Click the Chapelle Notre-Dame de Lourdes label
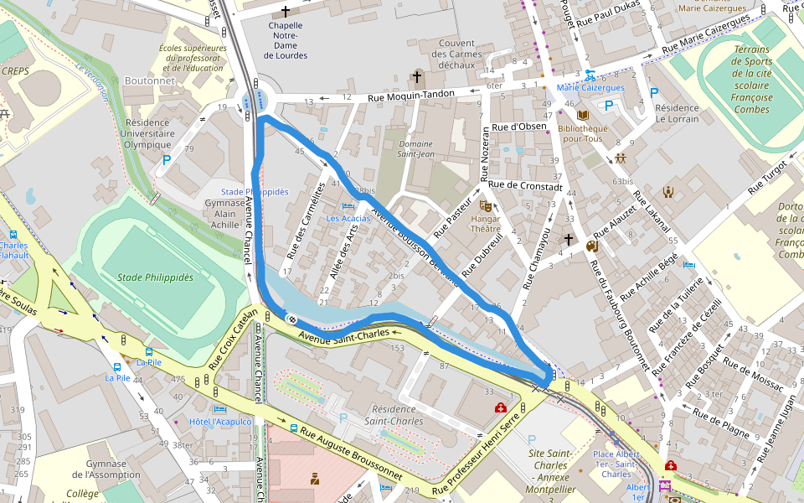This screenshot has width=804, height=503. click(286, 40)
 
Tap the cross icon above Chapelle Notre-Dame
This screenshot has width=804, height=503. click(286, 12)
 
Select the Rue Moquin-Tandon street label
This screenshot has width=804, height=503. click(411, 96)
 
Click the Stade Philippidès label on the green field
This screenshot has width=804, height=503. click(155, 277)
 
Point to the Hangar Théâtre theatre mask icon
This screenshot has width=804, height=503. click(485, 205)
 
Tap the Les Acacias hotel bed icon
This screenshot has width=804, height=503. click(348, 206)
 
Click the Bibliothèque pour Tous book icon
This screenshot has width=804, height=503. click(583, 115)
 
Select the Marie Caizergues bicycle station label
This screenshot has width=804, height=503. click(590, 87)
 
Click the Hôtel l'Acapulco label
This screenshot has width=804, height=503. click(221, 422)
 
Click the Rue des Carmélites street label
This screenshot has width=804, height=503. click(306, 220)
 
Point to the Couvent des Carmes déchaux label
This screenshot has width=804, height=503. click(456, 54)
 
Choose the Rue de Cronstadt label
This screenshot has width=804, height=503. click(526, 185)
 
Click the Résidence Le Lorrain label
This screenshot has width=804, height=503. click(677, 113)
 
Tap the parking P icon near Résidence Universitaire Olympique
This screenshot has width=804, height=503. click(167, 158)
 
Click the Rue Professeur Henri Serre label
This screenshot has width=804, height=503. click(477, 454)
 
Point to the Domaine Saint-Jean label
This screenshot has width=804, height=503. click(415, 148)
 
